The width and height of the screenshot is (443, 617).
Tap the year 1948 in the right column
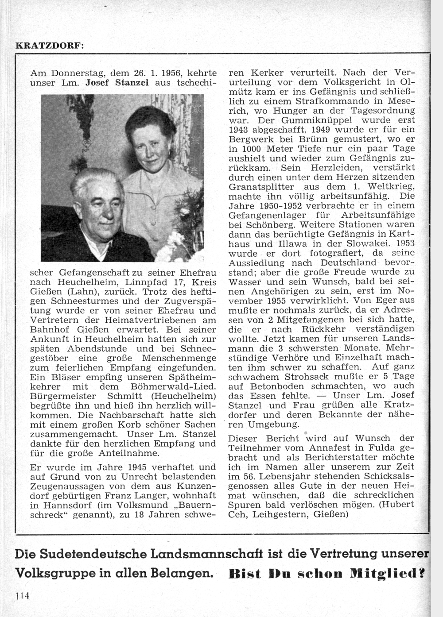pyautogui.click(x=241, y=130)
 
